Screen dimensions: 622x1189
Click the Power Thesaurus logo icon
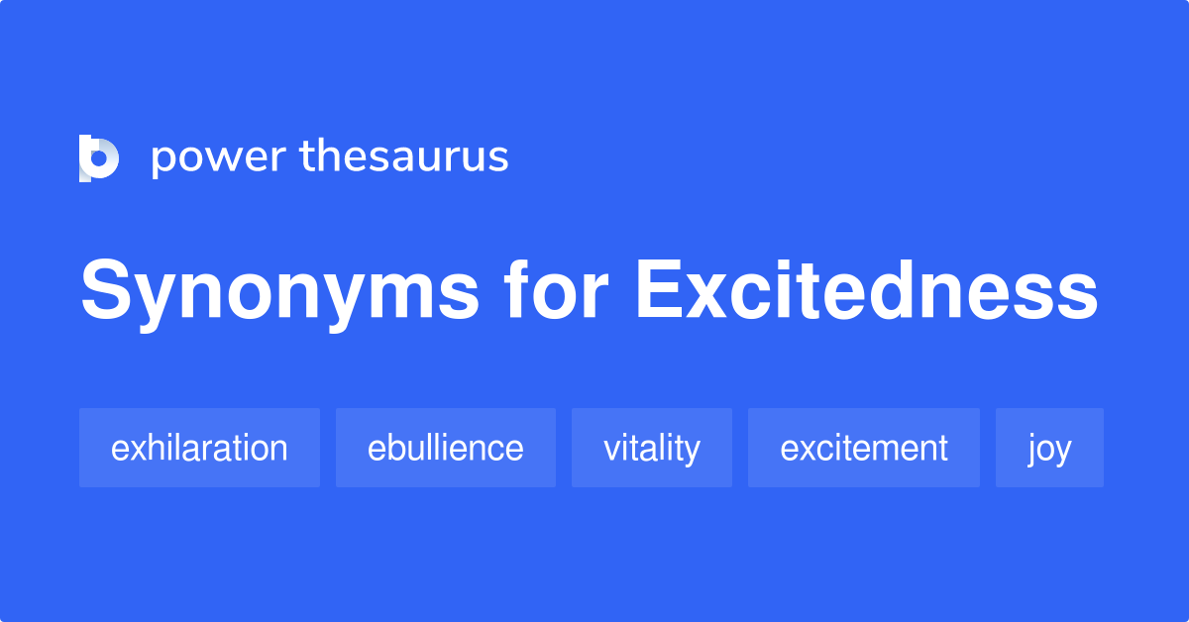coord(99,157)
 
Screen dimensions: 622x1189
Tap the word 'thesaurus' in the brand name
coord(404,157)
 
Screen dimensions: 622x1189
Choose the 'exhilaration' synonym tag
coord(199,448)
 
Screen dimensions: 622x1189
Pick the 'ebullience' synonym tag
coord(445,448)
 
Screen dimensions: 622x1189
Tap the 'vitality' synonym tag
coord(651,448)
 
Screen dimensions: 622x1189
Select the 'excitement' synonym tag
coord(863,448)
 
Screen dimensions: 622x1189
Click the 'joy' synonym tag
coord(1049,448)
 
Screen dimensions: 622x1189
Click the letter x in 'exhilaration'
coord(136,450)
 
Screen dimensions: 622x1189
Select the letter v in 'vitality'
coord(612,450)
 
